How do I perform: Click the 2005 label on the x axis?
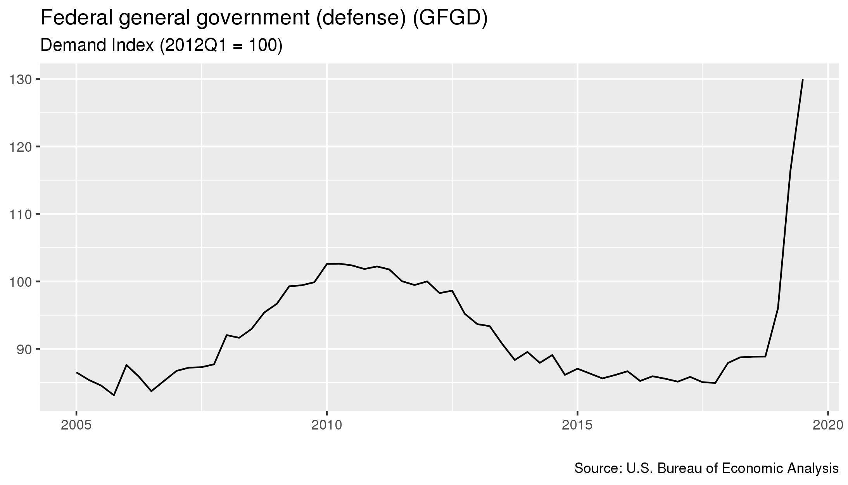[x=76, y=425]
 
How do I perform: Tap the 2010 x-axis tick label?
[x=327, y=425]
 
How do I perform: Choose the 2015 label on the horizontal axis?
[x=577, y=425]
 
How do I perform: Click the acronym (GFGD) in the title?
[x=449, y=19]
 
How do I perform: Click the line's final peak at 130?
[x=803, y=80]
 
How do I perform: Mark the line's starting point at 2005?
[x=76, y=372]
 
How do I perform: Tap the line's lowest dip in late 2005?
[x=114, y=395]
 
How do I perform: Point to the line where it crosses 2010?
[x=327, y=264]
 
